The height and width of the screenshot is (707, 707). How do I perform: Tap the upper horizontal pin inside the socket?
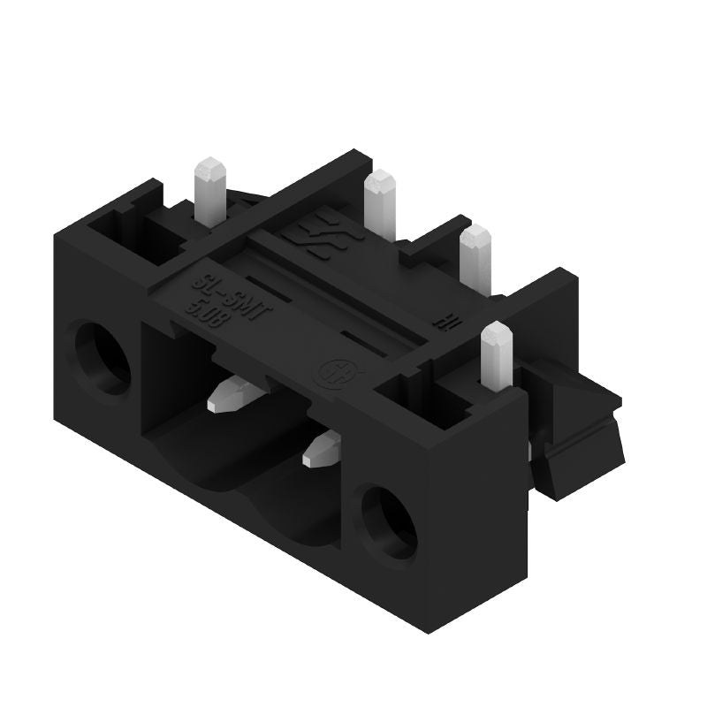(x=232, y=394)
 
